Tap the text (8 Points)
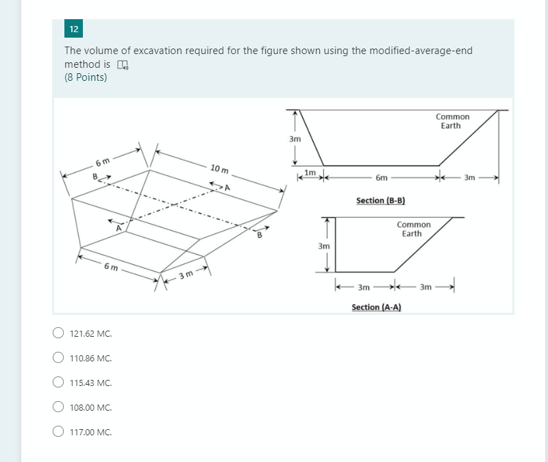coord(86,77)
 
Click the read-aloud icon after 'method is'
coord(123,65)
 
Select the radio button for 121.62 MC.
coord(59,334)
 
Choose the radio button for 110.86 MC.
coord(59,358)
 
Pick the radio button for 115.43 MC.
coord(59,383)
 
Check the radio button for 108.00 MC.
coord(59,407)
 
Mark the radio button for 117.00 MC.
coord(59,432)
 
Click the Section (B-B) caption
coord(381,201)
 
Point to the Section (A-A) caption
coord(376,307)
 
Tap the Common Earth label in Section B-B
coord(452,121)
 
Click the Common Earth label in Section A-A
coord(414,229)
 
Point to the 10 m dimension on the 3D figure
coord(220,168)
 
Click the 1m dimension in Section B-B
coord(310,172)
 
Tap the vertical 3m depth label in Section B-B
coord(295,139)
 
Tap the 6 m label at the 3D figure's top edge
coord(103,162)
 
